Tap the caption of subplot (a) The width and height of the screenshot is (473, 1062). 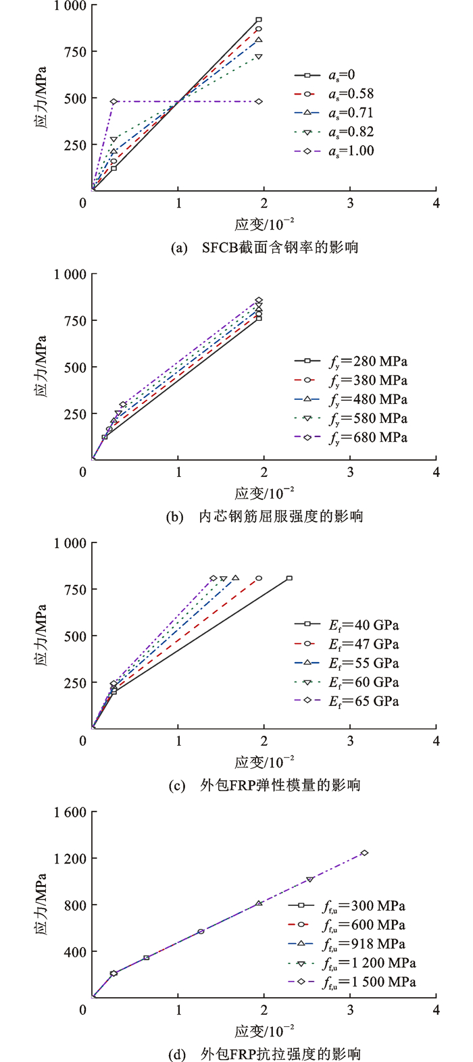pyautogui.click(x=264, y=247)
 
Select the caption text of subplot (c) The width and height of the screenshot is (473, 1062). pyautogui.click(x=264, y=785)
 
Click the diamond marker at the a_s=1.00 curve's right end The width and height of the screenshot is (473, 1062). pyautogui.click(x=259, y=101)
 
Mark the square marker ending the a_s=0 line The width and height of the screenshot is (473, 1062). pyautogui.click(x=259, y=20)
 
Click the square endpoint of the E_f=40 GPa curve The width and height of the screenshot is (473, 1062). pyautogui.click(x=289, y=578)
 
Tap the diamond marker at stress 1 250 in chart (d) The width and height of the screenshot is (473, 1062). pyautogui.click(x=364, y=853)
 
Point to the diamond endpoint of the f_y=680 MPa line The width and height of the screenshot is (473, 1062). pyautogui.click(x=259, y=300)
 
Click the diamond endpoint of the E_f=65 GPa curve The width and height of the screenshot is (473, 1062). pyautogui.click(x=214, y=578)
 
